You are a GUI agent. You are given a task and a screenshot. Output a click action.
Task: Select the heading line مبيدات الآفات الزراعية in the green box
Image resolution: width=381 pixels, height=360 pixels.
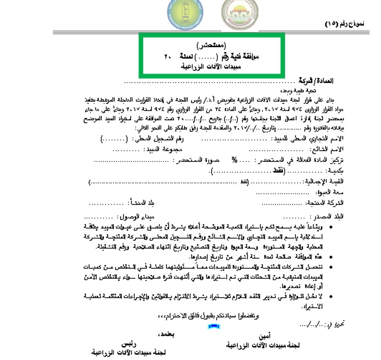click(212, 66)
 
